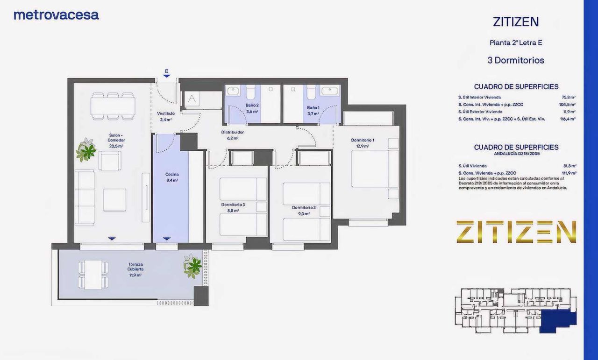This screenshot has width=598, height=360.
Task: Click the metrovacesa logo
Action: click(x=56, y=15)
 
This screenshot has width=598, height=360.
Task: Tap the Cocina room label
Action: click(x=172, y=174)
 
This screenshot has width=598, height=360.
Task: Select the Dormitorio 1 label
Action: click(x=363, y=140)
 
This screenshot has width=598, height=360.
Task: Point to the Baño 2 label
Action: click(x=252, y=106)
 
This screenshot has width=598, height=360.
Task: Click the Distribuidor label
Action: click(x=232, y=132)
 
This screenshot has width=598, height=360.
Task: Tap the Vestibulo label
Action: click(x=166, y=113)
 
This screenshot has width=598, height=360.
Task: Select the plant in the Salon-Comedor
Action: click(x=86, y=150)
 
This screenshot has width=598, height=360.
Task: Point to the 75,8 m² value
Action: click(x=569, y=98)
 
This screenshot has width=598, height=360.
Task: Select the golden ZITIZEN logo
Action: click(x=516, y=232)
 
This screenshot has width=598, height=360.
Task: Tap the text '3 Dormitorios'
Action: click(x=516, y=60)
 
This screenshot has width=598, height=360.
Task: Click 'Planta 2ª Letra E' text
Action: click(x=516, y=42)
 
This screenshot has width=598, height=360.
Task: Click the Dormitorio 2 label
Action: click(x=304, y=207)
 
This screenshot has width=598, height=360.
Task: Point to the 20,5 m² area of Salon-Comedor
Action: click(x=116, y=146)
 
